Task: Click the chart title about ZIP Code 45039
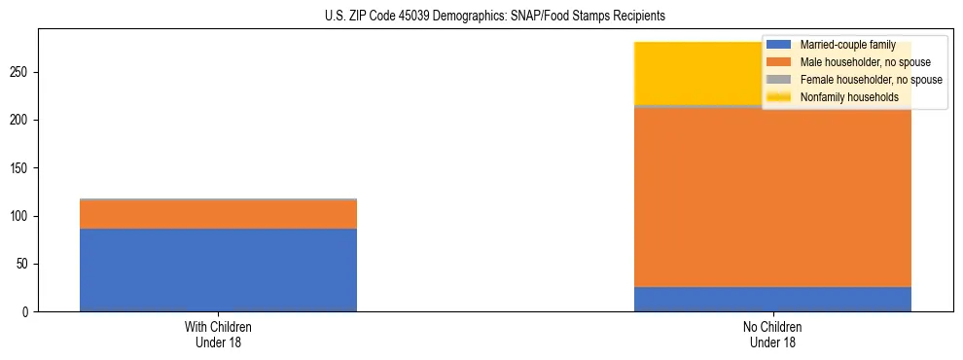coord(495,17)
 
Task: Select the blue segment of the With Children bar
coord(218,270)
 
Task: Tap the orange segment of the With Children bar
coord(218,214)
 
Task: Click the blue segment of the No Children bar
coord(772,299)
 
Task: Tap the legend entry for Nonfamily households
coord(849,97)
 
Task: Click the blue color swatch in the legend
coord(780,45)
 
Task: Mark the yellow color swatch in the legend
coord(780,97)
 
